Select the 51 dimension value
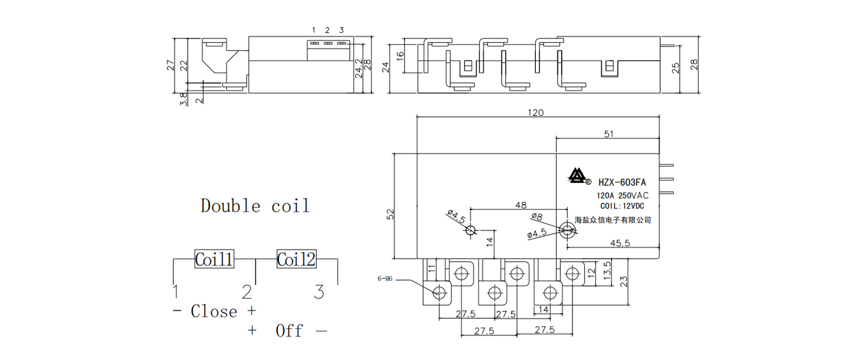[608, 134]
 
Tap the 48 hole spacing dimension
[521, 205]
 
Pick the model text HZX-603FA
[622, 182]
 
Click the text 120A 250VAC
[622, 196]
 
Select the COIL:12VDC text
[621, 206]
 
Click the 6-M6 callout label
[385, 279]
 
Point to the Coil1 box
[214, 260]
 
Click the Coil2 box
[296, 259]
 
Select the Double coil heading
[255, 206]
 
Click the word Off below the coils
[289, 331]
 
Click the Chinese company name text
[613, 220]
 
